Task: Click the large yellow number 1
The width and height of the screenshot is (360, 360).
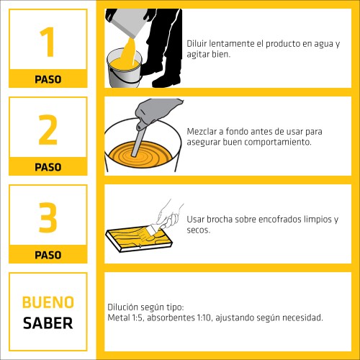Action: pyautogui.click(x=48, y=42)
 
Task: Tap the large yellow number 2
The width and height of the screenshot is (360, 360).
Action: pyautogui.click(x=48, y=130)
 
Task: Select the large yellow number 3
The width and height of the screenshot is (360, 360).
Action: pyautogui.click(x=48, y=217)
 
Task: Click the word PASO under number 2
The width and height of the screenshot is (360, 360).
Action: pyautogui.click(x=48, y=167)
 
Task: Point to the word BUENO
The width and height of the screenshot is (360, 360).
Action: pyautogui.click(x=48, y=302)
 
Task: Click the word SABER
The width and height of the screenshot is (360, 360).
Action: pyautogui.click(x=48, y=323)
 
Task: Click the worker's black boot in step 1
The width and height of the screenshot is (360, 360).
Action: pyautogui.click(x=166, y=81)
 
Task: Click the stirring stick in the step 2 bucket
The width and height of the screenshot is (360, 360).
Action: pyautogui.click(x=139, y=140)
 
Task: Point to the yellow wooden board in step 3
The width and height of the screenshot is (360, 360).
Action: pyautogui.click(x=139, y=239)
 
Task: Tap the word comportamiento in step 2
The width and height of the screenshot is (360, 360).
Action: pyautogui.click(x=279, y=143)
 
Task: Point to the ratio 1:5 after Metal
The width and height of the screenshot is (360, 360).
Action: pyautogui.click(x=138, y=318)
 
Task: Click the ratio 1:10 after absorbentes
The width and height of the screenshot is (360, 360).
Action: pyautogui.click(x=204, y=318)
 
